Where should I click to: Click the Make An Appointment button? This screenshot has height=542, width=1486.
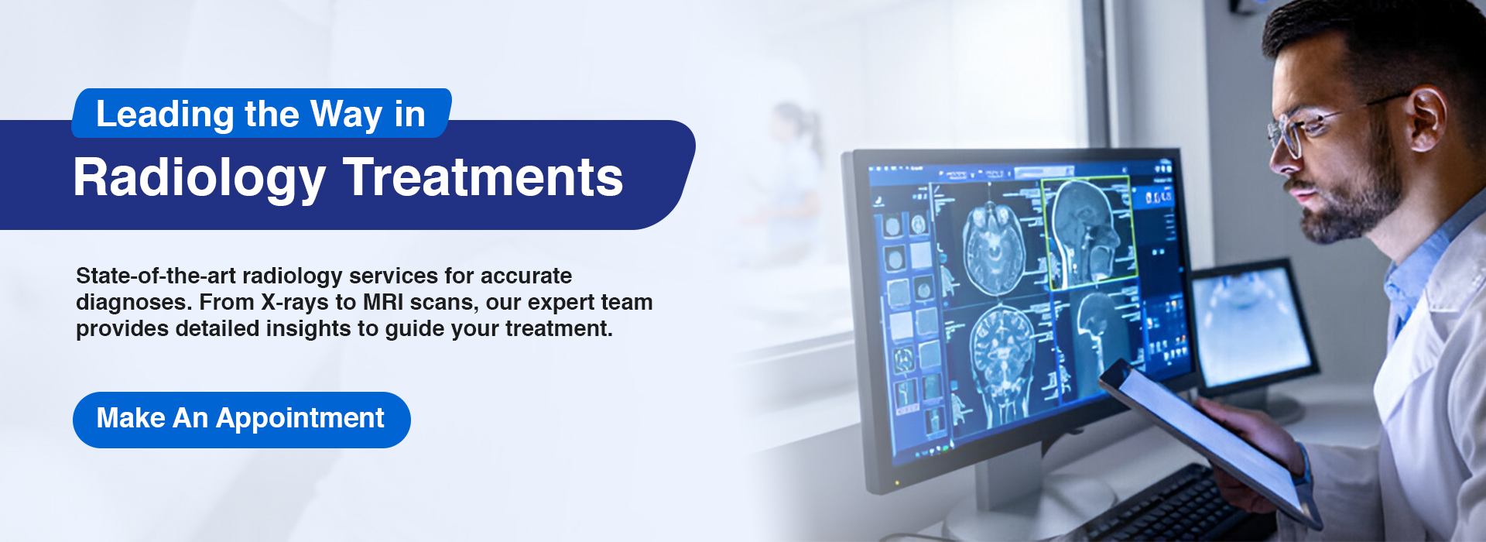(241, 420)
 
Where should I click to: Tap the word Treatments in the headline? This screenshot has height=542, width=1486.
(484, 177)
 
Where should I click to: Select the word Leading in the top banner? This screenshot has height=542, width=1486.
(165, 115)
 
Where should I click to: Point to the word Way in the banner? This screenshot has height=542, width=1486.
(347, 115)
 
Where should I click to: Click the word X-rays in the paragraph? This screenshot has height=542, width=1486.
(294, 302)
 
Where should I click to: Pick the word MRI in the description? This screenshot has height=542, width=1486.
(383, 302)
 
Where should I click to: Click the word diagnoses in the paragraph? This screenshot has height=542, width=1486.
(133, 303)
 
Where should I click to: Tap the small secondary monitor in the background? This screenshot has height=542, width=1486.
(1254, 325)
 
